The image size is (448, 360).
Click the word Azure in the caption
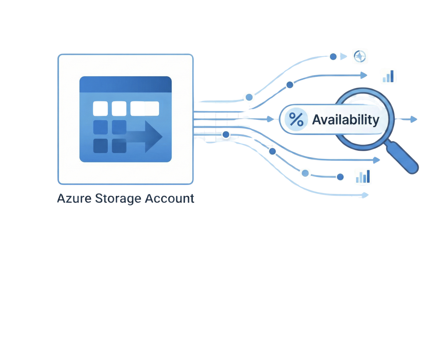(74, 199)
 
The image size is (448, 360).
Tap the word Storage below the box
(118, 199)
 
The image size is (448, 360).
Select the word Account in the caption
(169, 199)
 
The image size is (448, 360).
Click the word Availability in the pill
(345, 120)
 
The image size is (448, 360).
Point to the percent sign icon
(296, 119)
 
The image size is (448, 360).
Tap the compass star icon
(360, 57)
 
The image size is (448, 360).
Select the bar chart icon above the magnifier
(389, 77)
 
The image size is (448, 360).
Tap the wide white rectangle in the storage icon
(144, 108)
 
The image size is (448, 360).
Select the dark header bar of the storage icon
(125, 84)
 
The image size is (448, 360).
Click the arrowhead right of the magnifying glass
(414, 119)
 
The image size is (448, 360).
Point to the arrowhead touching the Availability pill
(271, 119)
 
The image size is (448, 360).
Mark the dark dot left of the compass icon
(333, 57)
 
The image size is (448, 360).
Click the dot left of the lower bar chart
(340, 177)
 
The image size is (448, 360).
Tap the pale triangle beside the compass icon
(344, 57)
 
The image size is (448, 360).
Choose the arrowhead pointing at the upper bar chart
(364, 75)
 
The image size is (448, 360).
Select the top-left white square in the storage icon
(100, 108)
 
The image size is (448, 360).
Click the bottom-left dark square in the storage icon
(100, 146)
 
